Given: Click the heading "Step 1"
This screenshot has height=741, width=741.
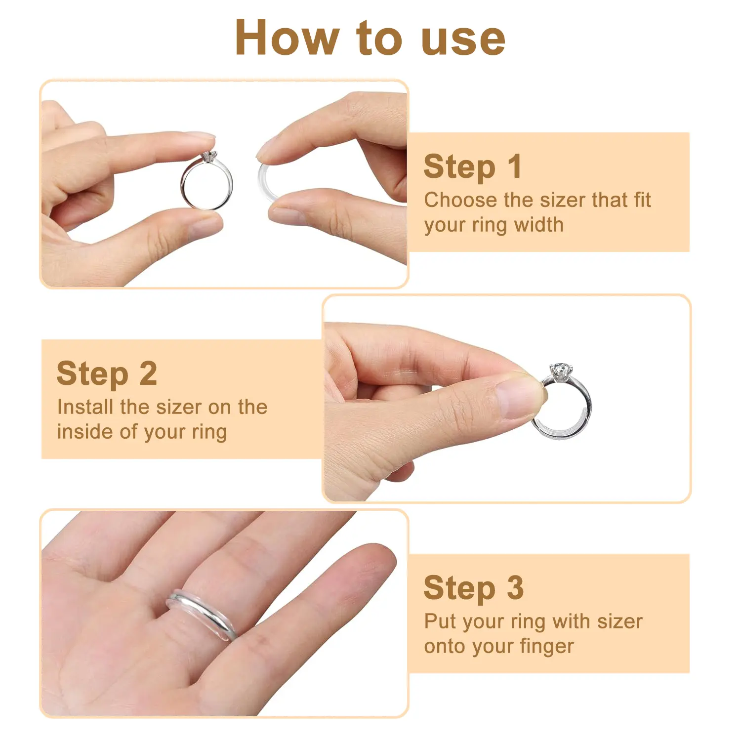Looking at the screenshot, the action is coord(472,166).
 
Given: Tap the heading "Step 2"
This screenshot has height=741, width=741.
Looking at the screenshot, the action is coord(107,373).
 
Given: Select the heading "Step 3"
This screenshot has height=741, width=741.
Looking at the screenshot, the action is coord(473,588).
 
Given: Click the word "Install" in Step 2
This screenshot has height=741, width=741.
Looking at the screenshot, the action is coord(85,407).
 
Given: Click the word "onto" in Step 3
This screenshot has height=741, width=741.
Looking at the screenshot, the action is coord(445,647).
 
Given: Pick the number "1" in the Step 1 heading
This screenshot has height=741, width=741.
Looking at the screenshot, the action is coord(514,166).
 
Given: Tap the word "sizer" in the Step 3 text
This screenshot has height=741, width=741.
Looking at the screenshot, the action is coord(620,622).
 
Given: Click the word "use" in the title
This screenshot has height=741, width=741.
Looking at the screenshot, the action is coord(463,41).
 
